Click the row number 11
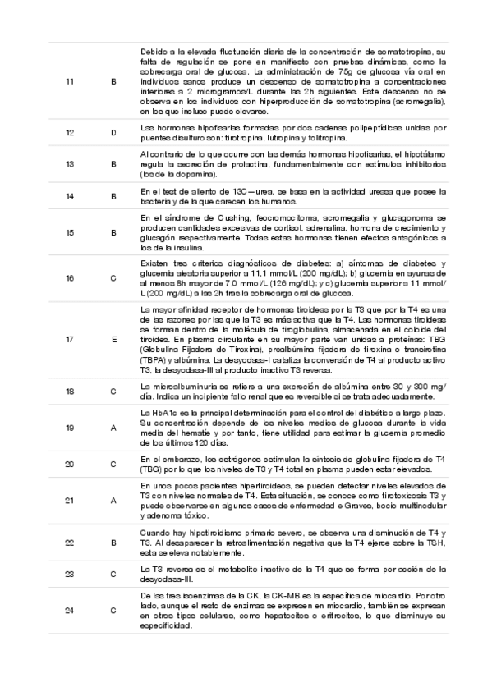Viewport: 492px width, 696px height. (69, 81)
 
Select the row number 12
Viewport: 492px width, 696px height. (69, 132)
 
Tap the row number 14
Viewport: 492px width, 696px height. (69, 196)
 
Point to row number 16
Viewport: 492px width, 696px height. (69, 278)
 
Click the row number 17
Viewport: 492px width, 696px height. (69, 338)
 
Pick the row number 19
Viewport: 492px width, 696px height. (69, 428)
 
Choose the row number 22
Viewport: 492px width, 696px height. (69, 543)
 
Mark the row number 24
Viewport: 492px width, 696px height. (69, 610)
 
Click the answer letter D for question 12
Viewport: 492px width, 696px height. (113, 132)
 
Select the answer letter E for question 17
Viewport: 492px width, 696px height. (113, 338)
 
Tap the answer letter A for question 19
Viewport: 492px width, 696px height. (113, 428)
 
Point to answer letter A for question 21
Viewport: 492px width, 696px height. (113, 500)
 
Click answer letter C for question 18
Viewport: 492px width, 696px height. (113, 391)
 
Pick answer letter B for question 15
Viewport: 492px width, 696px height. (113, 232)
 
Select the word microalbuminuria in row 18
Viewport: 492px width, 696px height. (177, 386)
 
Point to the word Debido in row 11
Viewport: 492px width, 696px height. (154, 51)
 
